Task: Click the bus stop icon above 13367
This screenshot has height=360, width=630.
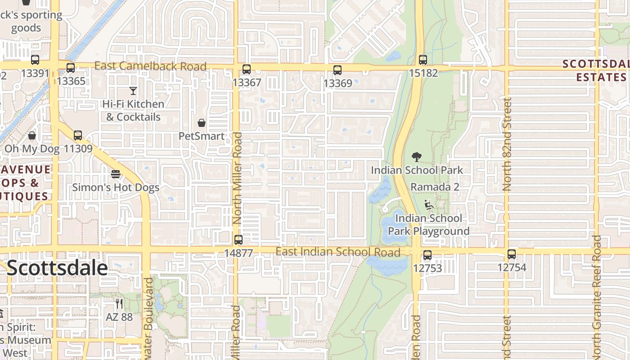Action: coord(246,69)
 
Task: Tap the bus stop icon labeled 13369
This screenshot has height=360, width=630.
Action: coord(337,70)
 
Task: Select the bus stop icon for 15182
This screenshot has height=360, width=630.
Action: coord(423,59)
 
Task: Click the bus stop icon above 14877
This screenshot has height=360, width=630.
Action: coord(238,240)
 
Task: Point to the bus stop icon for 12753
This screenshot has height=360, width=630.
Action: coord(427,255)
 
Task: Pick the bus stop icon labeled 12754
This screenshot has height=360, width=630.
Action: coord(512,254)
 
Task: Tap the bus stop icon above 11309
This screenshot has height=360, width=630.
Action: coord(78,135)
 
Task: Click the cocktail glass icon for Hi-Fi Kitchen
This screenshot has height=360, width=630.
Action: coord(133,91)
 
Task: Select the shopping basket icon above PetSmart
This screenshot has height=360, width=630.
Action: coord(202,123)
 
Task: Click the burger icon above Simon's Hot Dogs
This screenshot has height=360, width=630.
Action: coord(116,174)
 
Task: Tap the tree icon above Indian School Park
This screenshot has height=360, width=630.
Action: coord(417,157)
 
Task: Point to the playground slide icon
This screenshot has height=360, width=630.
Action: coord(429,205)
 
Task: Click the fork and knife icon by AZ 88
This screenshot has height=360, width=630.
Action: coord(119,304)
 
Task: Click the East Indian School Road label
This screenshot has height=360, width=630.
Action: coord(337,252)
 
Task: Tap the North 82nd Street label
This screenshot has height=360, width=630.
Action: coord(507,144)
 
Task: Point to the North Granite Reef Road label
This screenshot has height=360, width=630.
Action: coord(597,297)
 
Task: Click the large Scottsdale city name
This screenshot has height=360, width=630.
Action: coord(57,268)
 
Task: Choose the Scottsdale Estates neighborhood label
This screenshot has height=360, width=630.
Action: coord(595,70)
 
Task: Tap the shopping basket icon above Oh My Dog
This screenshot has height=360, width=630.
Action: coord(32,135)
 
